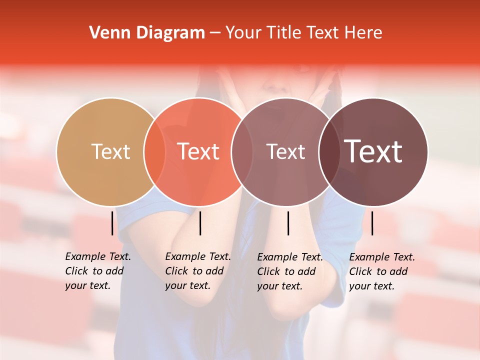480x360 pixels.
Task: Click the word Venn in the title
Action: tap(107, 33)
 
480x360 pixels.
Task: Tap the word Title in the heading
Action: tap(283, 33)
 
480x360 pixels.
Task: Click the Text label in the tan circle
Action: tap(110, 151)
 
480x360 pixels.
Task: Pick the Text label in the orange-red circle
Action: tap(198, 151)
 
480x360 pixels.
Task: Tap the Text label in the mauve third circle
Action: tap(285, 151)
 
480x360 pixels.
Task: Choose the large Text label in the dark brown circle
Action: tap(373, 151)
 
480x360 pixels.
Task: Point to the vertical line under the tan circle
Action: tap(112, 223)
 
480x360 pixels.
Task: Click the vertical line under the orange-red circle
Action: tap(200, 223)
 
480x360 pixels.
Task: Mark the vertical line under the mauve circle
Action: tap(288, 223)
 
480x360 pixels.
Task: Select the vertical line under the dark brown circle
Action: tap(372, 223)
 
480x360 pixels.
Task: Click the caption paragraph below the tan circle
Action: tap(97, 271)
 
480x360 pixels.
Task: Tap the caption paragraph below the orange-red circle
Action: tap(197, 271)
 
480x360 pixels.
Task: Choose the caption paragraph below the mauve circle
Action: tap(289, 271)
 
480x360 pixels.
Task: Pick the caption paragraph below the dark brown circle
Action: tap(381, 271)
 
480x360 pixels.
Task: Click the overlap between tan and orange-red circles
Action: tap(154, 151)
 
